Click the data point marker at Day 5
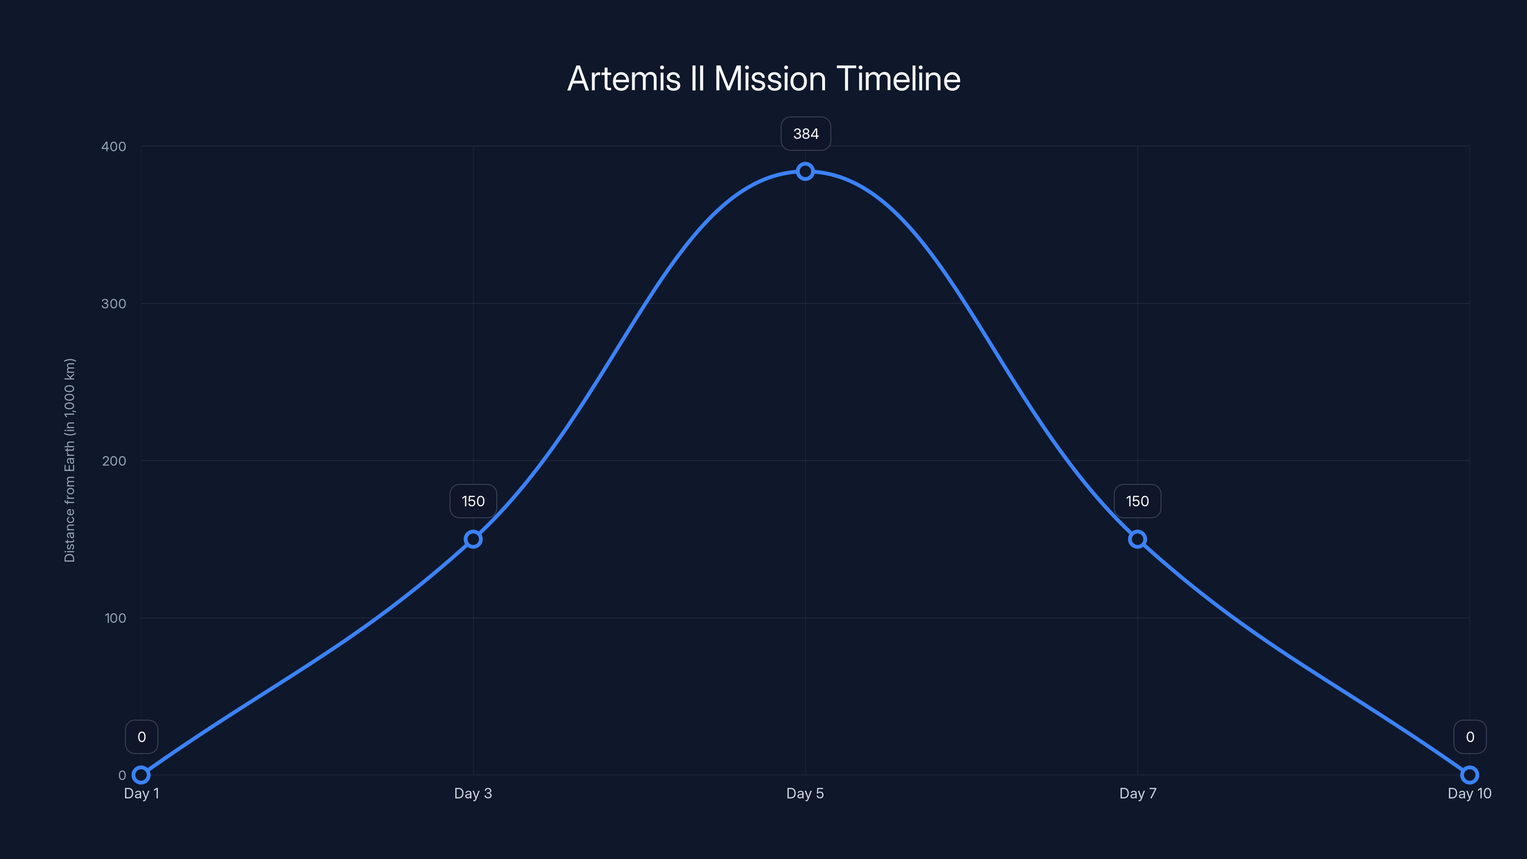pyautogui.click(x=805, y=171)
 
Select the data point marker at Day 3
pyautogui.click(x=473, y=539)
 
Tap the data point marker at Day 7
pyautogui.click(x=1137, y=539)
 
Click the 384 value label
pyautogui.click(x=805, y=134)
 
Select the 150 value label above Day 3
pyautogui.click(x=473, y=502)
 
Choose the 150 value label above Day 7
pyautogui.click(x=1137, y=502)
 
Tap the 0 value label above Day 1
pyautogui.click(x=142, y=737)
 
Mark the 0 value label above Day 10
pyautogui.click(x=1470, y=737)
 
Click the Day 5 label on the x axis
pyautogui.click(x=805, y=793)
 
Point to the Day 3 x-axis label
pyautogui.click(x=473, y=793)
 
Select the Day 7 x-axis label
pyautogui.click(x=1138, y=793)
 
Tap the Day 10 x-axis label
pyautogui.click(x=1470, y=793)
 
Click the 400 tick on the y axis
pyautogui.click(x=114, y=147)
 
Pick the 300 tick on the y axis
pyautogui.click(x=114, y=304)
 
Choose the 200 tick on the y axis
pyautogui.click(x=114, y=461)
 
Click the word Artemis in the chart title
pyautogui.click(x=624, y=79)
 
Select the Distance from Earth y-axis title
pyautogui.click(x=70, y=460)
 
